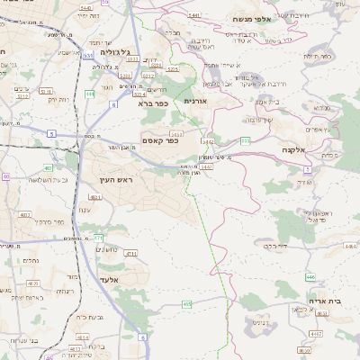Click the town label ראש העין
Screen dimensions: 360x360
tap(116, 181)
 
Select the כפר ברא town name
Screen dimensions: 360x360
tap(152, 103)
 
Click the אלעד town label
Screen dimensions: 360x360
tap(107, 280)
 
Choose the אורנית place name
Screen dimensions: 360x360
tap(194, 101)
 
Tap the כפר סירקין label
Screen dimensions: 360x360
tap(53, 221)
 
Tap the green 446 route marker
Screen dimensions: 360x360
tap(310, 277)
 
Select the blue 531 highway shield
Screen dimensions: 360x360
tap(88, 55)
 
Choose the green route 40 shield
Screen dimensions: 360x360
tap(4, 177)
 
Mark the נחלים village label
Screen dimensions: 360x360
tap(30, 260)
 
